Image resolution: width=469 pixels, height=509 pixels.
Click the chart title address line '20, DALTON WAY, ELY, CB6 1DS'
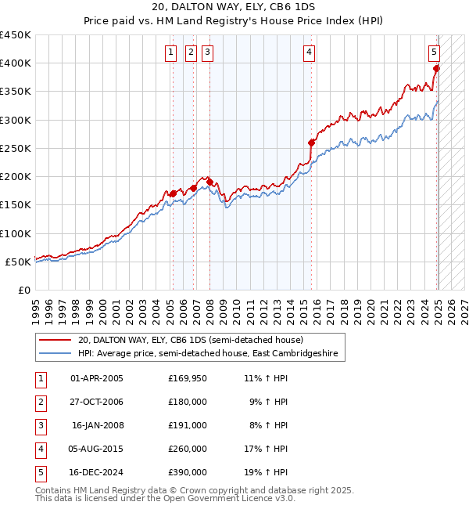click(234, 7)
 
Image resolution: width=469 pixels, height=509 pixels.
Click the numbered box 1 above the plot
click(171, 52)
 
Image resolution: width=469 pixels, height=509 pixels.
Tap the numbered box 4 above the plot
click(310, 52)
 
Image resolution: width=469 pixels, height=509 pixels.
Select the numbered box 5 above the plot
click(434, 52)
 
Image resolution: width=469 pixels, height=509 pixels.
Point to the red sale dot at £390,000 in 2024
click(437, 69)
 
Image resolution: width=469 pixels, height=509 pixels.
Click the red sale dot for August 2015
click(311, 143)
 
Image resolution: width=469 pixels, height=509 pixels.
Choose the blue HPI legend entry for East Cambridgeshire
click(207, 354)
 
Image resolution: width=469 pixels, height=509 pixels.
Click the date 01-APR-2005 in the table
click(97, 378)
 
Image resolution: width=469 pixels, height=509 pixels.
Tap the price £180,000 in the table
click(188, 402)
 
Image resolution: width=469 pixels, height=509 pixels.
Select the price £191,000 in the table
click(188, 425)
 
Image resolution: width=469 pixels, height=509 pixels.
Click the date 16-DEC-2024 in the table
click(97, 472)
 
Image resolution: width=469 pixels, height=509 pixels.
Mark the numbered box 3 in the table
click(40, 425)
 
